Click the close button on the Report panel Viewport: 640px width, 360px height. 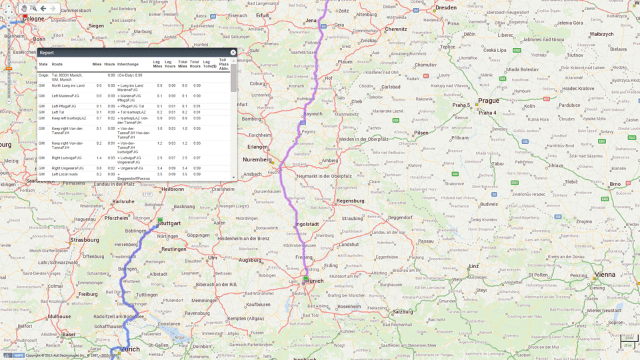coord(233,53)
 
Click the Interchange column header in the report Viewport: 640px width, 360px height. coord(128,65)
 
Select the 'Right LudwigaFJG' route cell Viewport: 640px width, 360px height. coord(67,158)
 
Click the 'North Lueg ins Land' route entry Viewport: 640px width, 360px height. coord(68,86)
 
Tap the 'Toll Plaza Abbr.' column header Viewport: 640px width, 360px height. coord(224,65)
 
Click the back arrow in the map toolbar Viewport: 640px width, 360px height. coord(43,9)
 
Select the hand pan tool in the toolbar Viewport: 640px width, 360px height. coord(24,9)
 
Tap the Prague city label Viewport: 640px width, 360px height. coord(488,101)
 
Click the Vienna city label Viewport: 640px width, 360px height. coord(605,274)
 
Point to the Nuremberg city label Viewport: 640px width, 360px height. coord(257,160)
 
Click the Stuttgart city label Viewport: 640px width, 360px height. coord(170,223)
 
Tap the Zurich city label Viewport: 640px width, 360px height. coord(130,349)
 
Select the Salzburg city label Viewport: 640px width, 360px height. coord(402,311)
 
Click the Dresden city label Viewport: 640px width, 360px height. coord(445,9)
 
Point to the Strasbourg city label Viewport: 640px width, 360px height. coord(85,240)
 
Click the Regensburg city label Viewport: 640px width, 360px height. coord(350,201)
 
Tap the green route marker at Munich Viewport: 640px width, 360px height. coord(305,279)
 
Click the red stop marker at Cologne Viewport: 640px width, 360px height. coord(25,15)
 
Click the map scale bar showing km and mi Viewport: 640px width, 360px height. coord(628,342)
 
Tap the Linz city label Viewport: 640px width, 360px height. coord(473,266)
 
